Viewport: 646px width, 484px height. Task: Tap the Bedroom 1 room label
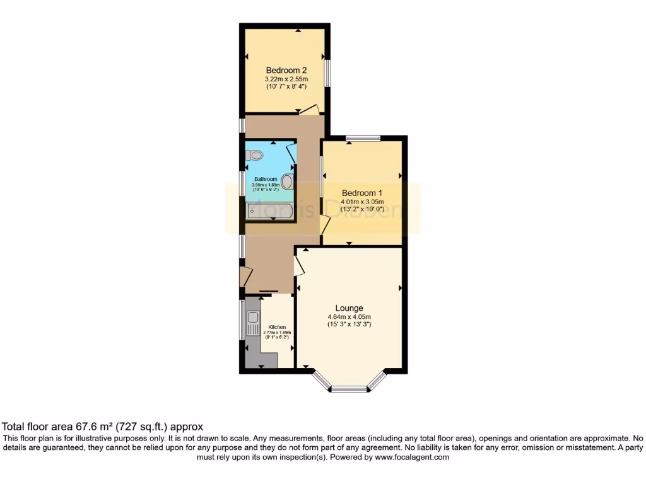click(363, 193)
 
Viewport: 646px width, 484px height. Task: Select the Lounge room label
click(349, 308)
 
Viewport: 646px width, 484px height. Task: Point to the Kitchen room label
click(277, 327)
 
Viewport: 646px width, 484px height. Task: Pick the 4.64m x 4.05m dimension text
click(349, 316)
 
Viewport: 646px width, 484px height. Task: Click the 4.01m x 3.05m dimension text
click(363, 202)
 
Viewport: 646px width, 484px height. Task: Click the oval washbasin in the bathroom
click(287, 182)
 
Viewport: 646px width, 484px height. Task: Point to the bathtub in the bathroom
click(269, 210)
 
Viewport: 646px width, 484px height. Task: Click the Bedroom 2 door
click(309, 110)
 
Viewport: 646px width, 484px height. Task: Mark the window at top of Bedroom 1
click(363, 137)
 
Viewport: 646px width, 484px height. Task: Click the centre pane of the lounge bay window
click(349, 389)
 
